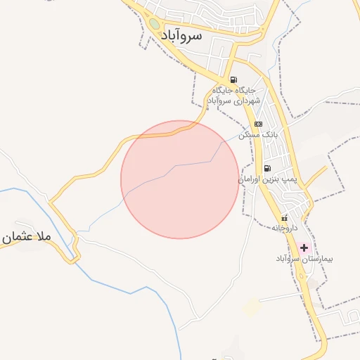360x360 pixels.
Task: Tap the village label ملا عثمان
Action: point(26,238)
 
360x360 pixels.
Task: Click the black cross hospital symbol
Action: point(304,247)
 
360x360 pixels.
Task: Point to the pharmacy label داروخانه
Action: point(285,228)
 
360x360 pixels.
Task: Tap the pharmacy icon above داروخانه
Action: point(285,217)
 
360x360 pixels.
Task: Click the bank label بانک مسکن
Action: point(259,134)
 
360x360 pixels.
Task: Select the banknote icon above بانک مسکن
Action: point(258,124)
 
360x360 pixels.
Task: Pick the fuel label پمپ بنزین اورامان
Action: point(268,180)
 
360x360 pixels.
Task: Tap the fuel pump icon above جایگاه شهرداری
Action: point(233,79)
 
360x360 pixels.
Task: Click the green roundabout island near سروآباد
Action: point(154,25)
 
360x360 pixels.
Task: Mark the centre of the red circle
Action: point(180,179)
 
